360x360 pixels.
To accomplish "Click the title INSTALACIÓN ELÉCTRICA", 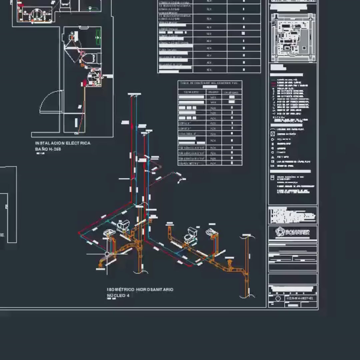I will point(63,143).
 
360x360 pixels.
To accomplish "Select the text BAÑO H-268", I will point(48,149).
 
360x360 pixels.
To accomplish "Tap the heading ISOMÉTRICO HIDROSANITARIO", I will point(140,290).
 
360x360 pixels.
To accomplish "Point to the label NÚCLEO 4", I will point(118,296).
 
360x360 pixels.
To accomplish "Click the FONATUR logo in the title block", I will point(293,232).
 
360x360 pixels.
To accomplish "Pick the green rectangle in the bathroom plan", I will point(98,37).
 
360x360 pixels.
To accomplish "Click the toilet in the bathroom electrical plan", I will point(91,58).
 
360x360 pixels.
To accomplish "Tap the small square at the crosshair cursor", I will point(107,254).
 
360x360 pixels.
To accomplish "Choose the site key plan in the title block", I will point(293,37).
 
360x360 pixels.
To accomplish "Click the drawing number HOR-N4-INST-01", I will point(300,298).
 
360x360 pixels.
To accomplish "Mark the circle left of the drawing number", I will point(279,298).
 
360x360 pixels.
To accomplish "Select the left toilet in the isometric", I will point(124,225).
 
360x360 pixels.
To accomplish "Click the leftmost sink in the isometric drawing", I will point(109,233).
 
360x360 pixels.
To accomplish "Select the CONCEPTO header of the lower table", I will point(191,92).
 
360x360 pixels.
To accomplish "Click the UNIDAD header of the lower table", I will point(213,92).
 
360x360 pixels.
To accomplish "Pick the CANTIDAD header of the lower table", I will point(231,92).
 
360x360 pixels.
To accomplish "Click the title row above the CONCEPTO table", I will point(210,83).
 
